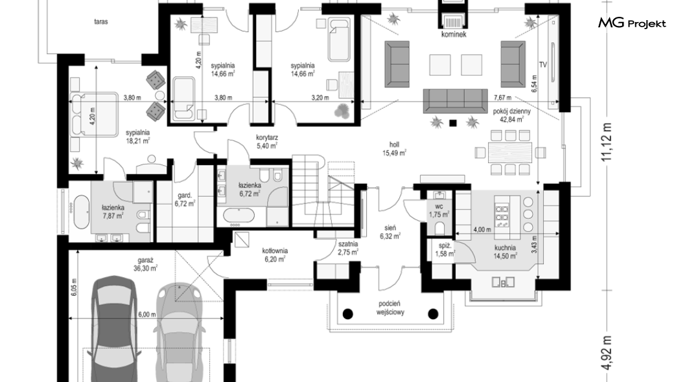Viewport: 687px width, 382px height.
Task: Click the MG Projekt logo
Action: (x=632, y=23)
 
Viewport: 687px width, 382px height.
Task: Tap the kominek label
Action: (x=454, y=34)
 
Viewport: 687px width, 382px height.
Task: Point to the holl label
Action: (x=394, y=145)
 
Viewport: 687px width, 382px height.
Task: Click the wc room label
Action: (x=439, y=207)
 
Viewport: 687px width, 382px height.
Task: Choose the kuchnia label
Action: (x=505, y=248)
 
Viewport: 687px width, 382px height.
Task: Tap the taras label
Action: (x=100, y=21)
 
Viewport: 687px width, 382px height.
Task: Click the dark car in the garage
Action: (x=113, y=329)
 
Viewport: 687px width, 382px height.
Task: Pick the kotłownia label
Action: (x=275, y=251)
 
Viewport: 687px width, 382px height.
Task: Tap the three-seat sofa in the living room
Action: (x=455, y=101)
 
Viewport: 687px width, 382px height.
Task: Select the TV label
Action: (x=543, y=65)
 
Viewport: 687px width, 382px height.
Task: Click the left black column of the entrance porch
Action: (x=347, y=314)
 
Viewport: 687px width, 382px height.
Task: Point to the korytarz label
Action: (x=267, y=137)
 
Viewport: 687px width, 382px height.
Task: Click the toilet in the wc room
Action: (x=441, y=227)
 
